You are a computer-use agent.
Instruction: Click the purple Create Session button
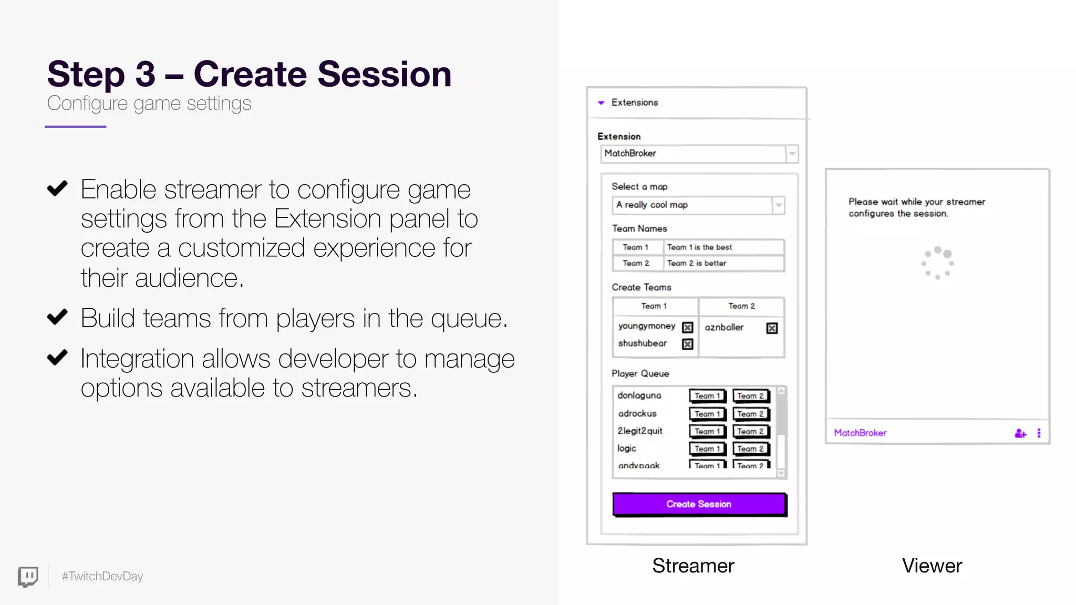click(699, 504)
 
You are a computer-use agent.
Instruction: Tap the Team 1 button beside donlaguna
click(707, 396)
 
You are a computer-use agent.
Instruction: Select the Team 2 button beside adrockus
click(750, 414)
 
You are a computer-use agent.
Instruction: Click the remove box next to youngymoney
click(687, 328)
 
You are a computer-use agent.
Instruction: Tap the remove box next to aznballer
click(771, 328)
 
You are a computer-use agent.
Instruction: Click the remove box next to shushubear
click(687, 344)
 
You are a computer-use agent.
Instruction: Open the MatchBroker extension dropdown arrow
click(792, 154)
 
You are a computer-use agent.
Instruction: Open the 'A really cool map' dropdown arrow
click(779, 205)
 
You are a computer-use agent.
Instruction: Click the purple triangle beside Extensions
click(601, 103)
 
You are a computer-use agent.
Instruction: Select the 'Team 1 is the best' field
click(724, 247)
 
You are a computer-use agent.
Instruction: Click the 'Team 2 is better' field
click(724, 263)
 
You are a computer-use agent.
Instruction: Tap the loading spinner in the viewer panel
click(938, 263)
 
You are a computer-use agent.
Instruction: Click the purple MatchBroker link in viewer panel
click(860, 433)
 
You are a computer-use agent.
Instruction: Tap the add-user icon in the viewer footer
click(1020, 433)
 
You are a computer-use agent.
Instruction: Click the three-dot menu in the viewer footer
click(1039, 433)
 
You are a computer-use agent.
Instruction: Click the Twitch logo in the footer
click(28, 577)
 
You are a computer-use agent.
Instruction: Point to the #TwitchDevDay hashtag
click(102, 576)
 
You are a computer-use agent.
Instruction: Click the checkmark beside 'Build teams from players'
click(57, 317)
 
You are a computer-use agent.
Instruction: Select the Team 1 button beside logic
click(707, 448)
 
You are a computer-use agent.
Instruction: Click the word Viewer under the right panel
click(932, 566)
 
